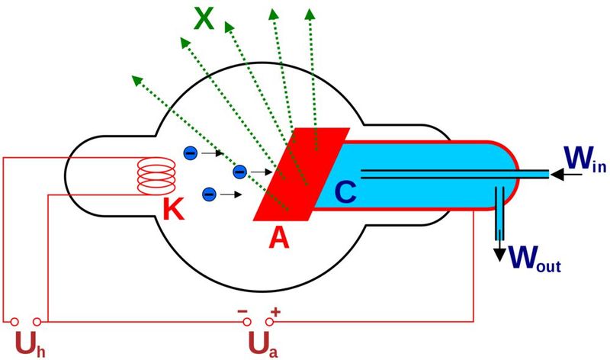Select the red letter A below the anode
(280, 238)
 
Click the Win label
(585, 160)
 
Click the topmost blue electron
(191, 153)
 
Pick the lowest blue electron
(209, 194)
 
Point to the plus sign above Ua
(275, 310)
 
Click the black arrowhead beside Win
(557, 175)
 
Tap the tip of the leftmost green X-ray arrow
(135, 77)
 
